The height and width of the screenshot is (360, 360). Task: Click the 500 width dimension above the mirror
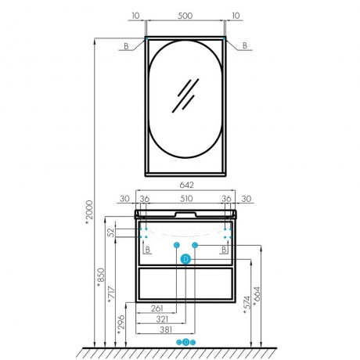[185, 16]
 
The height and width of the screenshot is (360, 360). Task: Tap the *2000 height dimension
[89, 213]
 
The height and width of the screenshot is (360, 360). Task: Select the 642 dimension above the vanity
[187, 185]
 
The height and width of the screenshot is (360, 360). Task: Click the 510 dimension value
[186, 199]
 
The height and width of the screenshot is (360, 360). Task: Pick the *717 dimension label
[111, 295]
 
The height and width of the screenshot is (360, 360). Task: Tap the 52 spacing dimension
[111, 232]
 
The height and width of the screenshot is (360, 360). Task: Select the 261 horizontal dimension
[157, 308]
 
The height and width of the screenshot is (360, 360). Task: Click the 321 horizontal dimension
[162, 319]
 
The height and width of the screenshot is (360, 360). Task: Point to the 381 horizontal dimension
[166, 329]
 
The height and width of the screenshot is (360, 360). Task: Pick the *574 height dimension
[247, 304]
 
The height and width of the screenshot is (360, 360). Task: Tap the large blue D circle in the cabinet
[185, 259]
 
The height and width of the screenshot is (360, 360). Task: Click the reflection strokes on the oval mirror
[185, 95]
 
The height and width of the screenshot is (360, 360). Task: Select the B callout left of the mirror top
[126, 46]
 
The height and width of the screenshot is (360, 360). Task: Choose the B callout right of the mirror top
[245, 45]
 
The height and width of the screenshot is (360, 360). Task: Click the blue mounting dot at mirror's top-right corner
[224, 38]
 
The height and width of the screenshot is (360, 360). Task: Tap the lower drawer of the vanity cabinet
[185, 283]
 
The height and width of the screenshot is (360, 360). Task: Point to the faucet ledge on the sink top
[185, 214]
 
